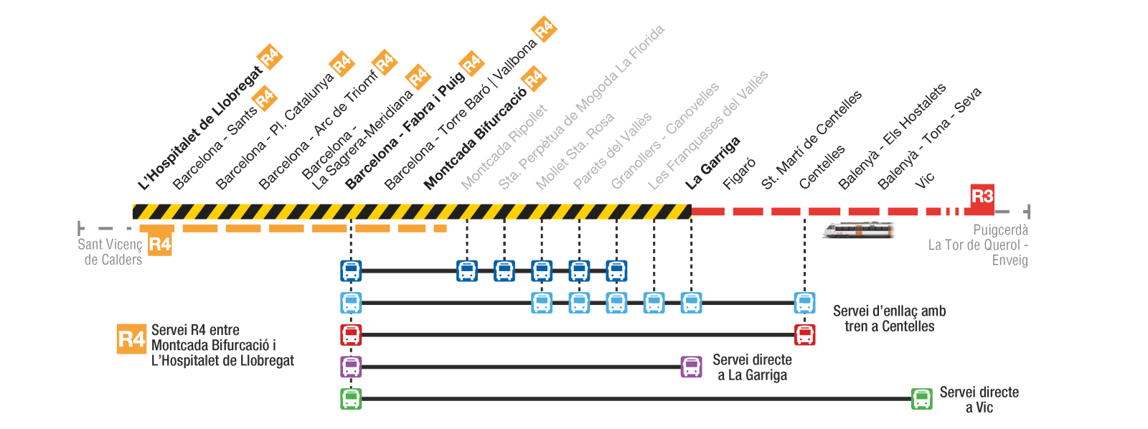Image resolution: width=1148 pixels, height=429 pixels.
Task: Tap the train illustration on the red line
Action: click(x=858, y=230)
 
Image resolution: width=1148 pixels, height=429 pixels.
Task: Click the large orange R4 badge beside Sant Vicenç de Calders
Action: click(x=159, y=245)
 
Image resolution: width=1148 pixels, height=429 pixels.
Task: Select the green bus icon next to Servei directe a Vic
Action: click(x=921, y=399)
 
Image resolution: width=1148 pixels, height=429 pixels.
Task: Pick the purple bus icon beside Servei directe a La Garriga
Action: click(x=691, y=367)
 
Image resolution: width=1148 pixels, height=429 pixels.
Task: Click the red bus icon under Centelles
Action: click(x=804, y=334)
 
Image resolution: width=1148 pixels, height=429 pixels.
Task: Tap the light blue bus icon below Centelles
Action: click(x=804, y=303)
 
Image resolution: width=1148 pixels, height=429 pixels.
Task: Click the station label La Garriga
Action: click(x=712, y=164)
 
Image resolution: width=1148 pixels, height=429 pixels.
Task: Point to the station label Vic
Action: click(x=925, y=180)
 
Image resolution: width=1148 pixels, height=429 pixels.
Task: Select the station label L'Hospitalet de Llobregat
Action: click(x=200, y=129)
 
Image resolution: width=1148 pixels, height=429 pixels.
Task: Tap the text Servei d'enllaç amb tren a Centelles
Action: click(x=889, y=319)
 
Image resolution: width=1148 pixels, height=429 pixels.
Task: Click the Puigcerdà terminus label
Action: click(x=1000, y=230)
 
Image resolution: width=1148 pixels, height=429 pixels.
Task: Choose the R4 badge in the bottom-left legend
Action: click(x=131, y=339)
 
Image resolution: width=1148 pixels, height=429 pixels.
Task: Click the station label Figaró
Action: click(x=739, y=174)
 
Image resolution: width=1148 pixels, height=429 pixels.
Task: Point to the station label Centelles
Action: click(x=822, y=167)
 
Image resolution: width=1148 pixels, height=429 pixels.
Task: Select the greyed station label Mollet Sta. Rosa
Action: click(x=575, y=151)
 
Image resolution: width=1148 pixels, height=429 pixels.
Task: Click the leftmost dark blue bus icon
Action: click(x=351, y=271)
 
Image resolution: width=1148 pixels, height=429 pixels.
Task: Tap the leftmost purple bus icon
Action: click(x=351, y=367)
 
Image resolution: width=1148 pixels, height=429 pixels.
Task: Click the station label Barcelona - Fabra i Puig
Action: click(x=404, y=133)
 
